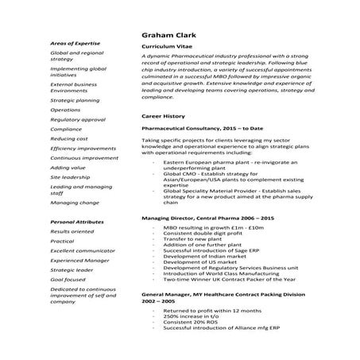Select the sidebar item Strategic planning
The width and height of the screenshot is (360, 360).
(75, 101)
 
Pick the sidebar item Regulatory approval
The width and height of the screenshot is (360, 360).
(77, 119)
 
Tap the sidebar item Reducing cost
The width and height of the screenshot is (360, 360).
(69, 138)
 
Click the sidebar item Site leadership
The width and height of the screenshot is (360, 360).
(71, 176)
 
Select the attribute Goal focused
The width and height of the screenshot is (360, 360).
(68, 280)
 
